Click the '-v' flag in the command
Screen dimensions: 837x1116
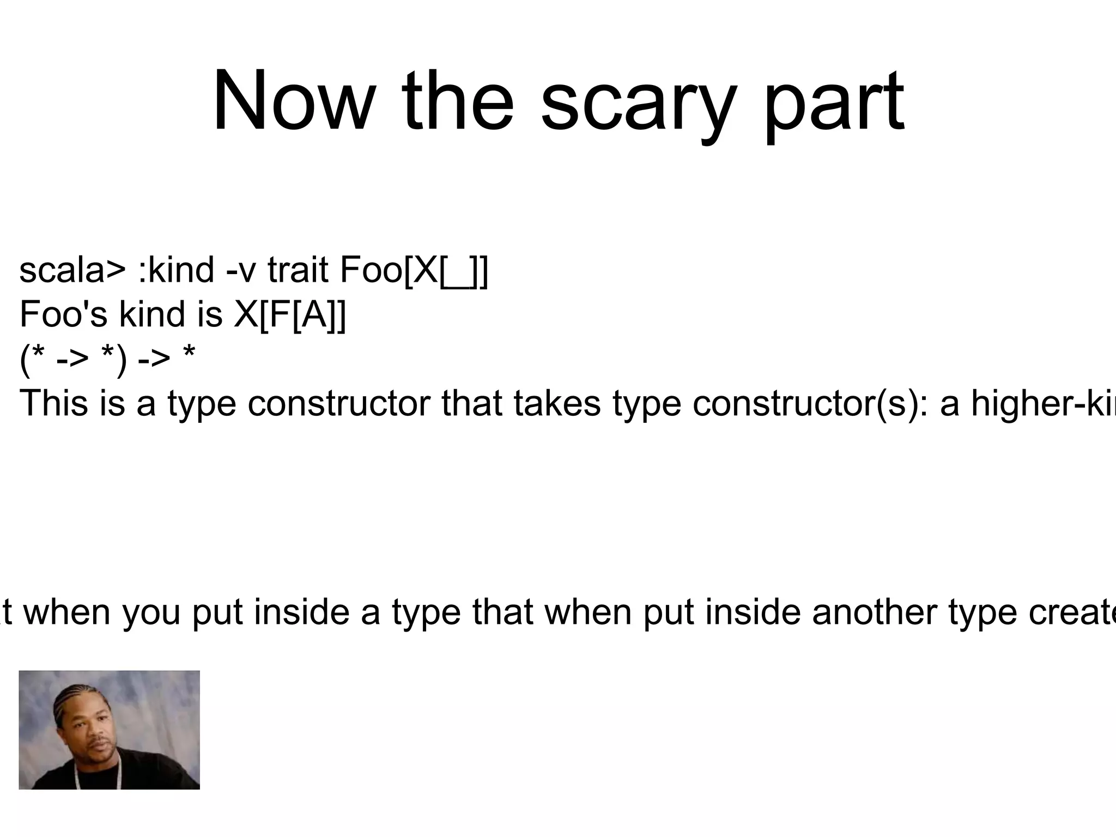click(x=240, y=271)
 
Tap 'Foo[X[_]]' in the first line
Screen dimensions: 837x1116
click(x=414, y=271)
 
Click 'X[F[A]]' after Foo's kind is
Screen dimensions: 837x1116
click(x=290, y=315)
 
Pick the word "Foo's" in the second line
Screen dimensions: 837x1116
click(x=63, y=314)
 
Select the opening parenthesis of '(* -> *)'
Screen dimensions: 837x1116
click(x=24, y=360)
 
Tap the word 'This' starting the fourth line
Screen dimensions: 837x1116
click(x=53, y=403)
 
